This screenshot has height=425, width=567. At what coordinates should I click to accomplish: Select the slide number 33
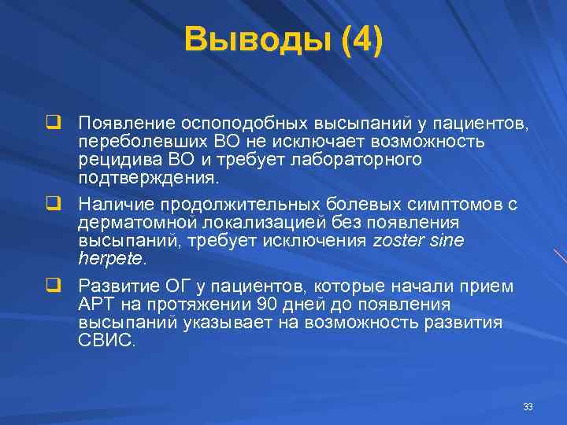coord(528,407)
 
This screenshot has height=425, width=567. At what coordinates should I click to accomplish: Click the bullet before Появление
coord(53,124)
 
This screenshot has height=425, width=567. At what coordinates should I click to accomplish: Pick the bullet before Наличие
coord(53,204)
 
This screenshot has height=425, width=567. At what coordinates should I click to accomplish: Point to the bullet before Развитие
coord(53,285)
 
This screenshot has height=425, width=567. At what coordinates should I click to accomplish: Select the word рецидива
coord(112,160)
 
